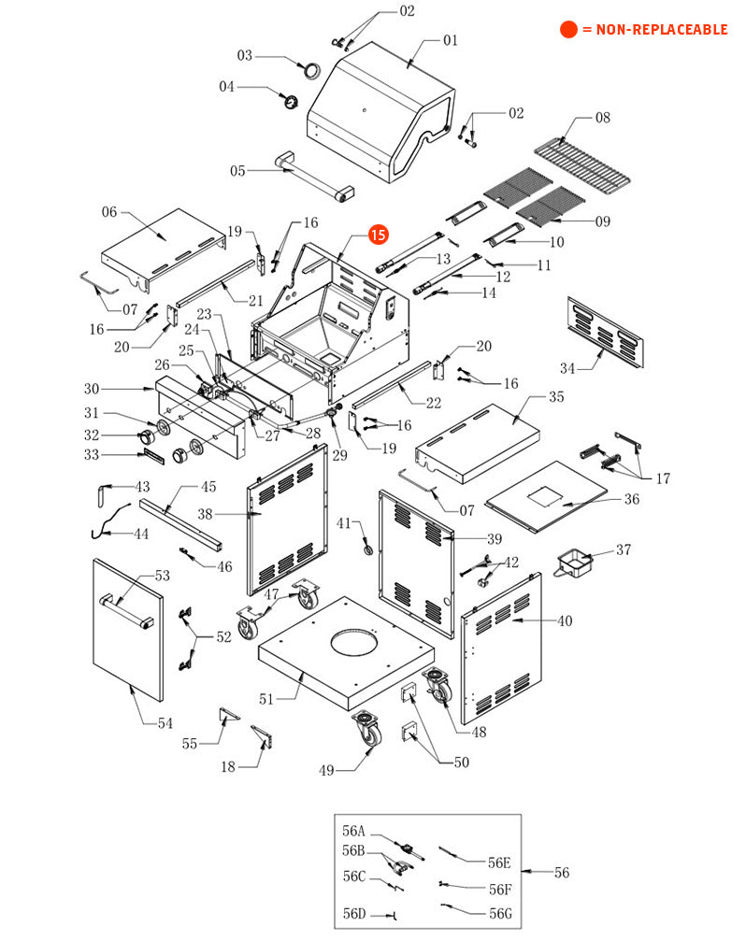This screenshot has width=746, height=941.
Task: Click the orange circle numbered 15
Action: pyautogui.click(x=378, y=235)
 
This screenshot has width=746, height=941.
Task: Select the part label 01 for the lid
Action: pyautogui.click(x=451, y=40)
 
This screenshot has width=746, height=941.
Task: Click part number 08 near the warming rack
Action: pyautogui.click(x=603, y=118)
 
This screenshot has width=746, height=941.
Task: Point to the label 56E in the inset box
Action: pyautogui.click(x=500, y=863)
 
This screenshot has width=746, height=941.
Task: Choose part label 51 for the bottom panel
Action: pyautogui.click(x=266, y=699)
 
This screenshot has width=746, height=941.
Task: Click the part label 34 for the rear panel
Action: pyautogui.click(x=568, y=366)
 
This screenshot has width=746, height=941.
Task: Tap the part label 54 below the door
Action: pyautogui.click(x=165, y=723)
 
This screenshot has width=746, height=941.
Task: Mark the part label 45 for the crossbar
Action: pyautogui.click(x=208, y=486)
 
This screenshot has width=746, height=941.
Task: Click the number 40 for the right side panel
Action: pyautogui.click(x=565, y=620)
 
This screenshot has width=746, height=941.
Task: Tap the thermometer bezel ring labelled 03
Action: pyautogui.click(x=308, y=68)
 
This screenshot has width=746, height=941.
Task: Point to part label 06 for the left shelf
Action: pyautogui.click(x=110, y=212)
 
